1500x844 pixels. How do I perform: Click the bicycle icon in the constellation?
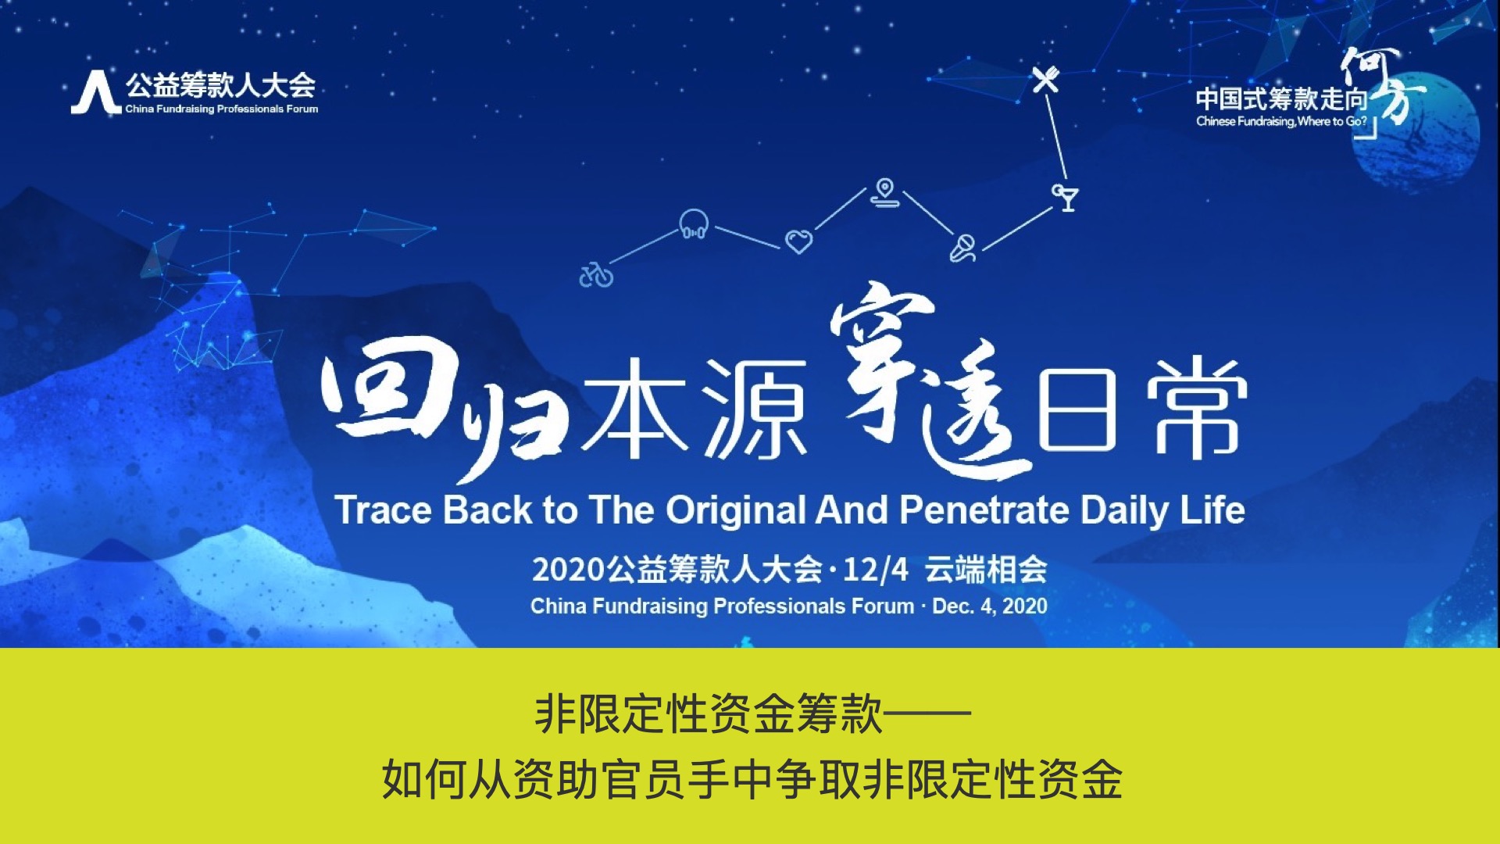pos(596,275)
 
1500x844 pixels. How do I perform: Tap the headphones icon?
pos(694,224)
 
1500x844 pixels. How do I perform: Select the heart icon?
pos(798,241)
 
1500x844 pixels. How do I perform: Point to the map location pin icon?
pos(885,193)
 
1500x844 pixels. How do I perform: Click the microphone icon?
pos(962,248)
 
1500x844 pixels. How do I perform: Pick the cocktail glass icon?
pos(1066,197)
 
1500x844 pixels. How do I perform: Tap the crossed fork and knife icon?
pos(1045,79)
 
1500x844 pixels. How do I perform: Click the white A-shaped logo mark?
pos(96,93)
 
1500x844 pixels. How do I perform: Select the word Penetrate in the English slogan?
pos(984,510)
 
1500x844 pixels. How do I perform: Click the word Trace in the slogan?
pos(383,510)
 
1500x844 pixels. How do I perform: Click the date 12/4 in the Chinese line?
pos(876,570)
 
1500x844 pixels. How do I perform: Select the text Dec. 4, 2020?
pos(990,606)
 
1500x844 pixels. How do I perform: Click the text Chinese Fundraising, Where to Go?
pos(1282,121)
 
